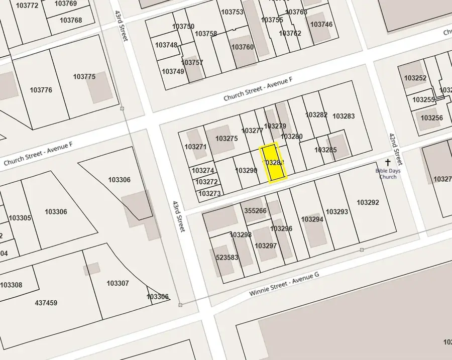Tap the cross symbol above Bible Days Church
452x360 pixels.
point(387,163)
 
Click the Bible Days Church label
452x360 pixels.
point(388,174)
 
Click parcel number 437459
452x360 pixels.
point(46,303)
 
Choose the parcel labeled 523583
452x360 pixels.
point(228,258)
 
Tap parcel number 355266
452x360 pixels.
point(255,211)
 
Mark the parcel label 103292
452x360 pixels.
point(368,202)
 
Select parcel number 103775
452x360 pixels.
point(84,77)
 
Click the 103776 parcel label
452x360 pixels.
point(41,90)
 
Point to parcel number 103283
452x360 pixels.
point(344,116)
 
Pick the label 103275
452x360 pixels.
point(227,139)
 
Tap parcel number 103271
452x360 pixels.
point(195,147)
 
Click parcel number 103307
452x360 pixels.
point(118,283)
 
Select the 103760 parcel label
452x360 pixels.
point(243,47)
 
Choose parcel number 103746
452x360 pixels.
point(321,24)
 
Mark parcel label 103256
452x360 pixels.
point(431,118)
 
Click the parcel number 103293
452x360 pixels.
point(336,212)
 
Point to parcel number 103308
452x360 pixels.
point(11,285)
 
